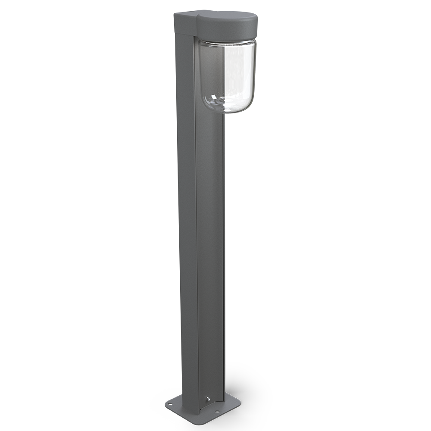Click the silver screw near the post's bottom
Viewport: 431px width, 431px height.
[206, 400]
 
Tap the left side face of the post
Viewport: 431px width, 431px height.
[188, 215]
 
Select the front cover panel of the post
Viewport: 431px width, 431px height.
[210, 237]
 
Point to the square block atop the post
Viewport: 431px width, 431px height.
[184, 24]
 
